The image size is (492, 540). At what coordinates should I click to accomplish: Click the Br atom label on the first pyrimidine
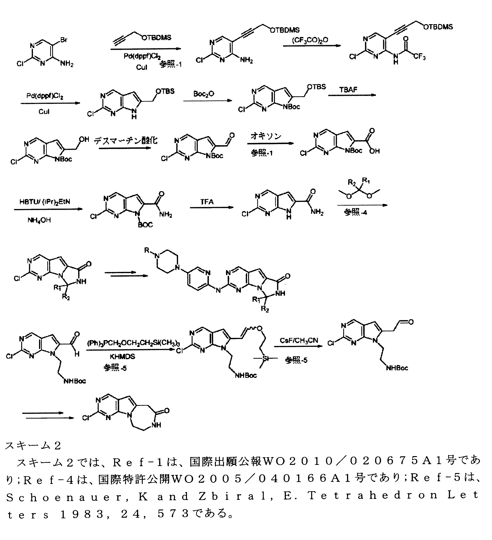tap(64, 40)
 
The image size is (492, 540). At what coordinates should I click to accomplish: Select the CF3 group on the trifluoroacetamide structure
tap(420, 57)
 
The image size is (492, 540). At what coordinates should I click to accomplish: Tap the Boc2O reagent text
tap(204, 94)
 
